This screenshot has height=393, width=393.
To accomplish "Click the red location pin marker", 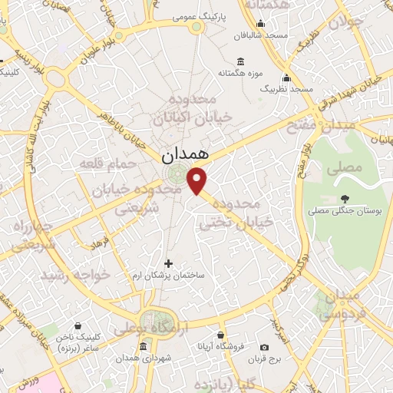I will point(198,180).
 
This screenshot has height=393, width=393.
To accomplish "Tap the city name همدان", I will point(186,154).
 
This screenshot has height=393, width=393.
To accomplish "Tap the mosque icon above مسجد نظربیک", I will point(286,78).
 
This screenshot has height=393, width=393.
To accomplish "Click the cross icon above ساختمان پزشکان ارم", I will point(169,263).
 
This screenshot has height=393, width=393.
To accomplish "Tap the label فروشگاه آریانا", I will point(221,347).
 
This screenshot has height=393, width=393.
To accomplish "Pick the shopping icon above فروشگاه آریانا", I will point(221,335).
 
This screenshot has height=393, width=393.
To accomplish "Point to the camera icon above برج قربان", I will point(265,347).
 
